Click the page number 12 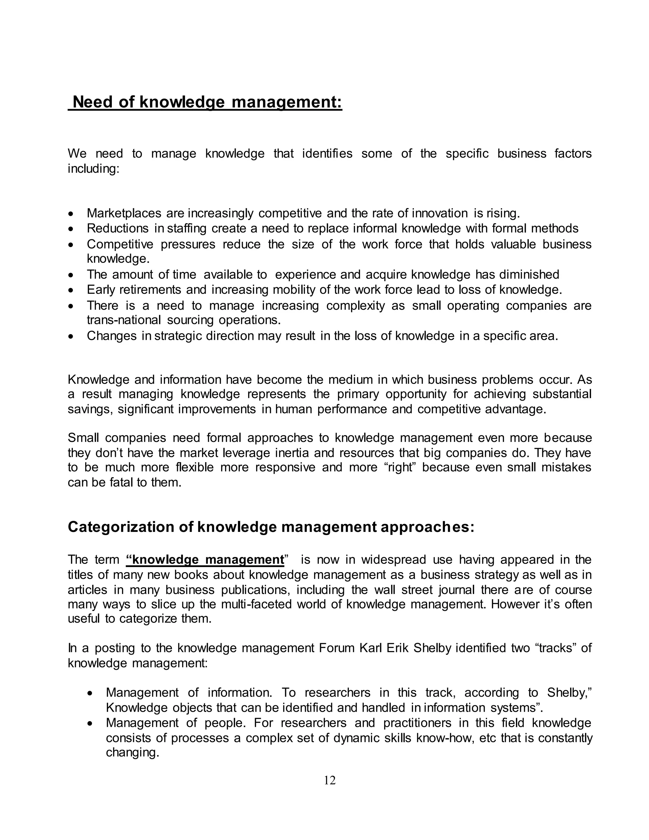point(330,780)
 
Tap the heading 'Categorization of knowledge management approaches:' point(271,527)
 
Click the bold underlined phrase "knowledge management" point(205,559)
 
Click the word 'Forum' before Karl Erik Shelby point(337,648)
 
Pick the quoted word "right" point(401,467)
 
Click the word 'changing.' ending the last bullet point(132,753)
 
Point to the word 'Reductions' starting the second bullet point(117,228)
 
